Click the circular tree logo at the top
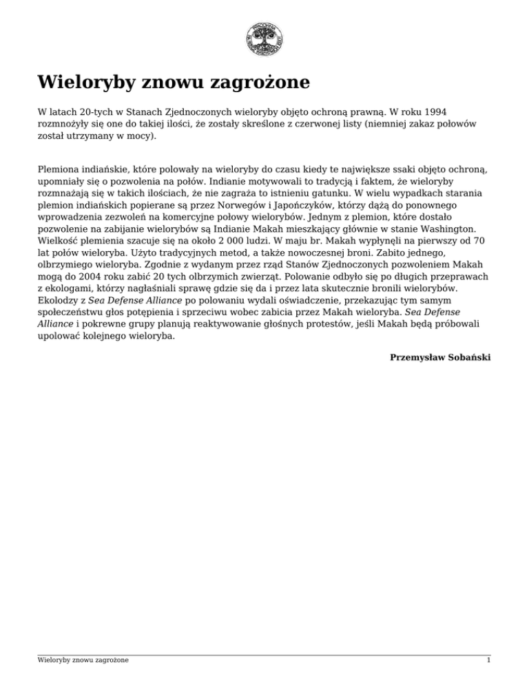pyautogui.click(x=264, y=38)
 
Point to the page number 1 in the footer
pyautogui.click(x=488, y=660)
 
